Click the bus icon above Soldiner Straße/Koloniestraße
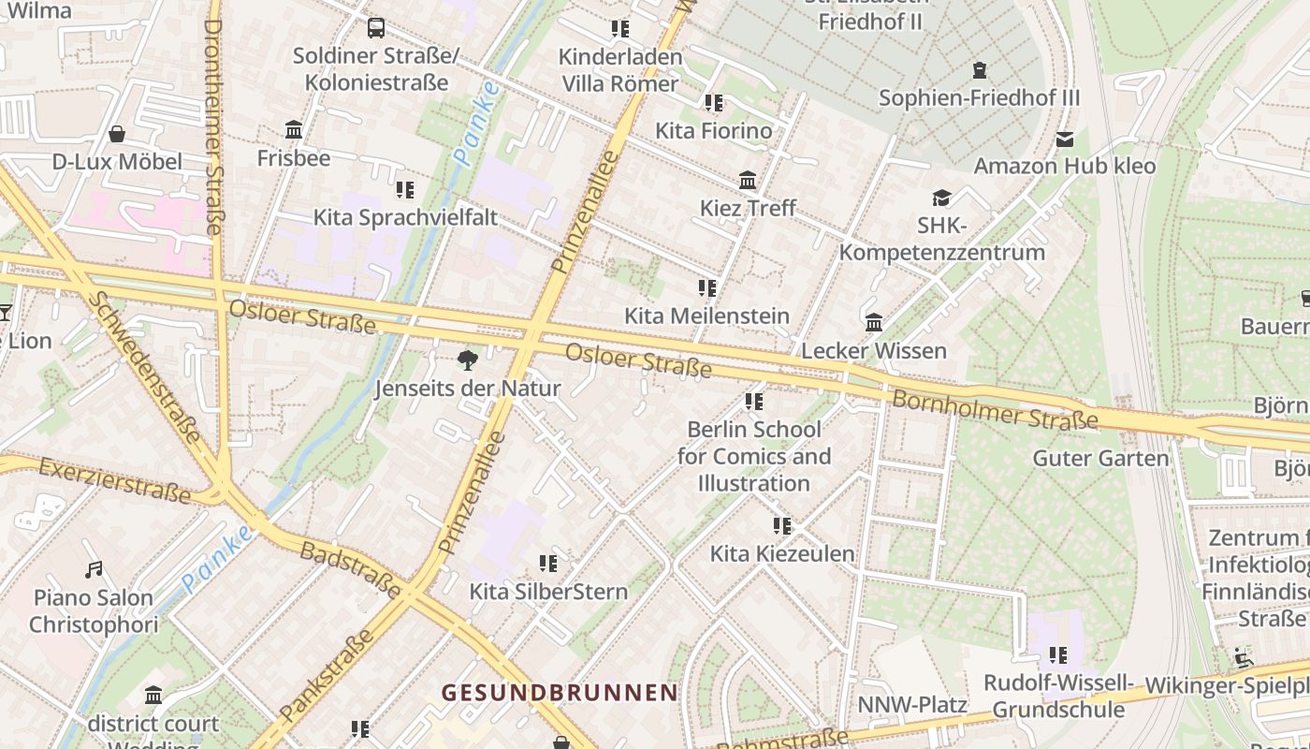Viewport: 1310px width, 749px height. [x=376, y=28]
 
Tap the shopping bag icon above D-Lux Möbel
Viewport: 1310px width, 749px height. [x=117, y=135]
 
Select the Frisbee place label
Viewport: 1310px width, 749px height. [x=294, y=157]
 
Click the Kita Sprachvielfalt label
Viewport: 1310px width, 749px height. [x=404, y=217]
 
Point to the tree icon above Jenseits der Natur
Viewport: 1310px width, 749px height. [x=467, y=360]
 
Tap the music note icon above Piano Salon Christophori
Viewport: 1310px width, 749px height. [x=94, y=569]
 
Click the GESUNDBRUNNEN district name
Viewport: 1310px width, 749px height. [x=560, y=693]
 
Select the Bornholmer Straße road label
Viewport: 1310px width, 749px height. [x=994, y=410]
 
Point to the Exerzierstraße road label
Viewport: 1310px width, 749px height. [x=116, y=478]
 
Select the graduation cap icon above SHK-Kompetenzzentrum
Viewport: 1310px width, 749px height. [x=941, y=198]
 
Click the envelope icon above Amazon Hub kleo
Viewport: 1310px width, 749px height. [x=1065, y=140]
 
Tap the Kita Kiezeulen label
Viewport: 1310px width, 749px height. [x=782, y=553]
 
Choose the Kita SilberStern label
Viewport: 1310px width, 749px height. [x=548, y=591]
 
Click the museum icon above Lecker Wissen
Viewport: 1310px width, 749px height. [x=874, y=323]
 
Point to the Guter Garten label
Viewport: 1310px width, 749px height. [x=1100, y=458]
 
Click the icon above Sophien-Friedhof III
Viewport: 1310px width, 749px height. [x=979, y=70]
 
